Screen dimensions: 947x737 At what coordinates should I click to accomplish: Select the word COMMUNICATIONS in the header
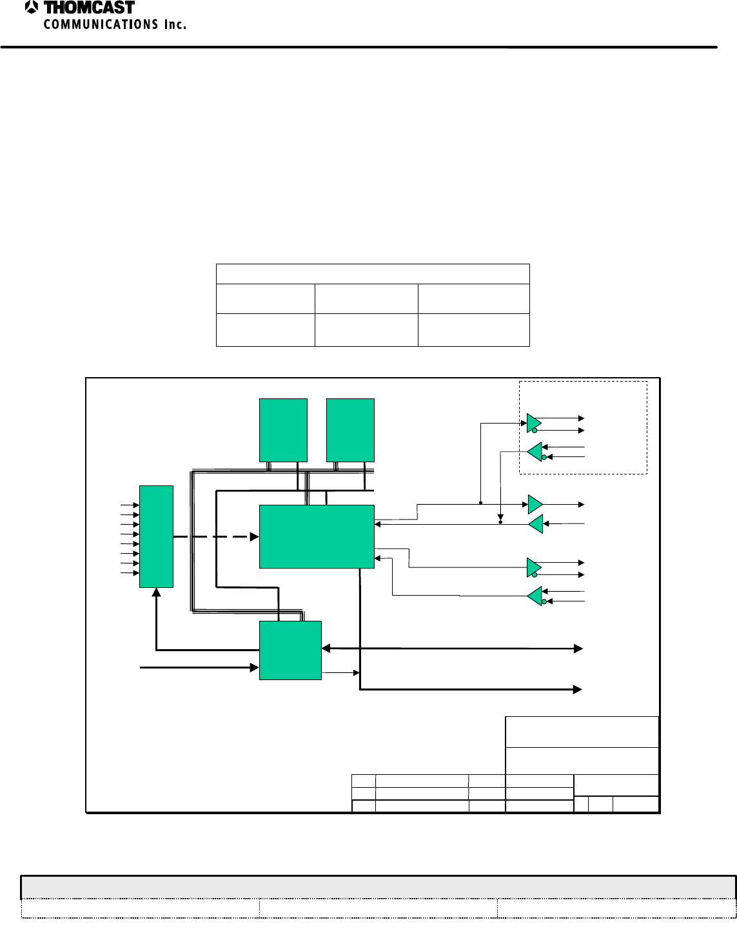coord(101,24)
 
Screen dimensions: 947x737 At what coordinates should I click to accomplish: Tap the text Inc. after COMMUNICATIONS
coord(174,24)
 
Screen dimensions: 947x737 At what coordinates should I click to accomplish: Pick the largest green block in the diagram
coord(316,536)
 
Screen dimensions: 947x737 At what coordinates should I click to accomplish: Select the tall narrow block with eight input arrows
coord(156,536)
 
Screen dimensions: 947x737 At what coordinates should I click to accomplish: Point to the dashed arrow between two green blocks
coord(215,536)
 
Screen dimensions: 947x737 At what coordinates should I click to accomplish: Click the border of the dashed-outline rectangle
coord(583,381)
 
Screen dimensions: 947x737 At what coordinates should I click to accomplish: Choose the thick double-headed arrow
coord(451,648)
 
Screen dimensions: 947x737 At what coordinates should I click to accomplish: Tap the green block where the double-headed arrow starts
coord(290,650)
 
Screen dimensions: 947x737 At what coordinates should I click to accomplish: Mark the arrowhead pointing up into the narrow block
coord(156,592)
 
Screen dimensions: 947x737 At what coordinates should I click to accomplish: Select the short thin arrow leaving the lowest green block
coord(340,673)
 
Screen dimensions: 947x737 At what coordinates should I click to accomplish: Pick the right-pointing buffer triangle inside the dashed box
coord(534,422)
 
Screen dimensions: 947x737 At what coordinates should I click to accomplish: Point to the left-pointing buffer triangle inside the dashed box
coord(535,452)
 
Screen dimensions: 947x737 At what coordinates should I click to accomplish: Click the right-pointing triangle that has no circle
coord(535,503)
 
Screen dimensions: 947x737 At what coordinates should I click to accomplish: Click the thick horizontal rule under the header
coord(359,47)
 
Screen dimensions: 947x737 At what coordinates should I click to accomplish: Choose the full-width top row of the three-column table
coord(373,273)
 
